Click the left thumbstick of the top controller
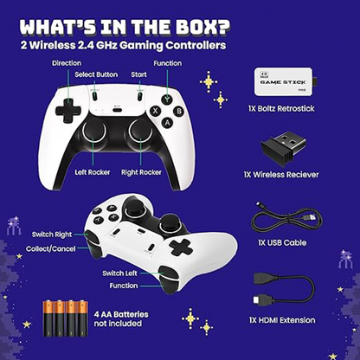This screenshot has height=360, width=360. (x=95, y=132)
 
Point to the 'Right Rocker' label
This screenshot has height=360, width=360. (x=141, y=172)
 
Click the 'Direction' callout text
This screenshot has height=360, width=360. (x=67, y=63)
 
